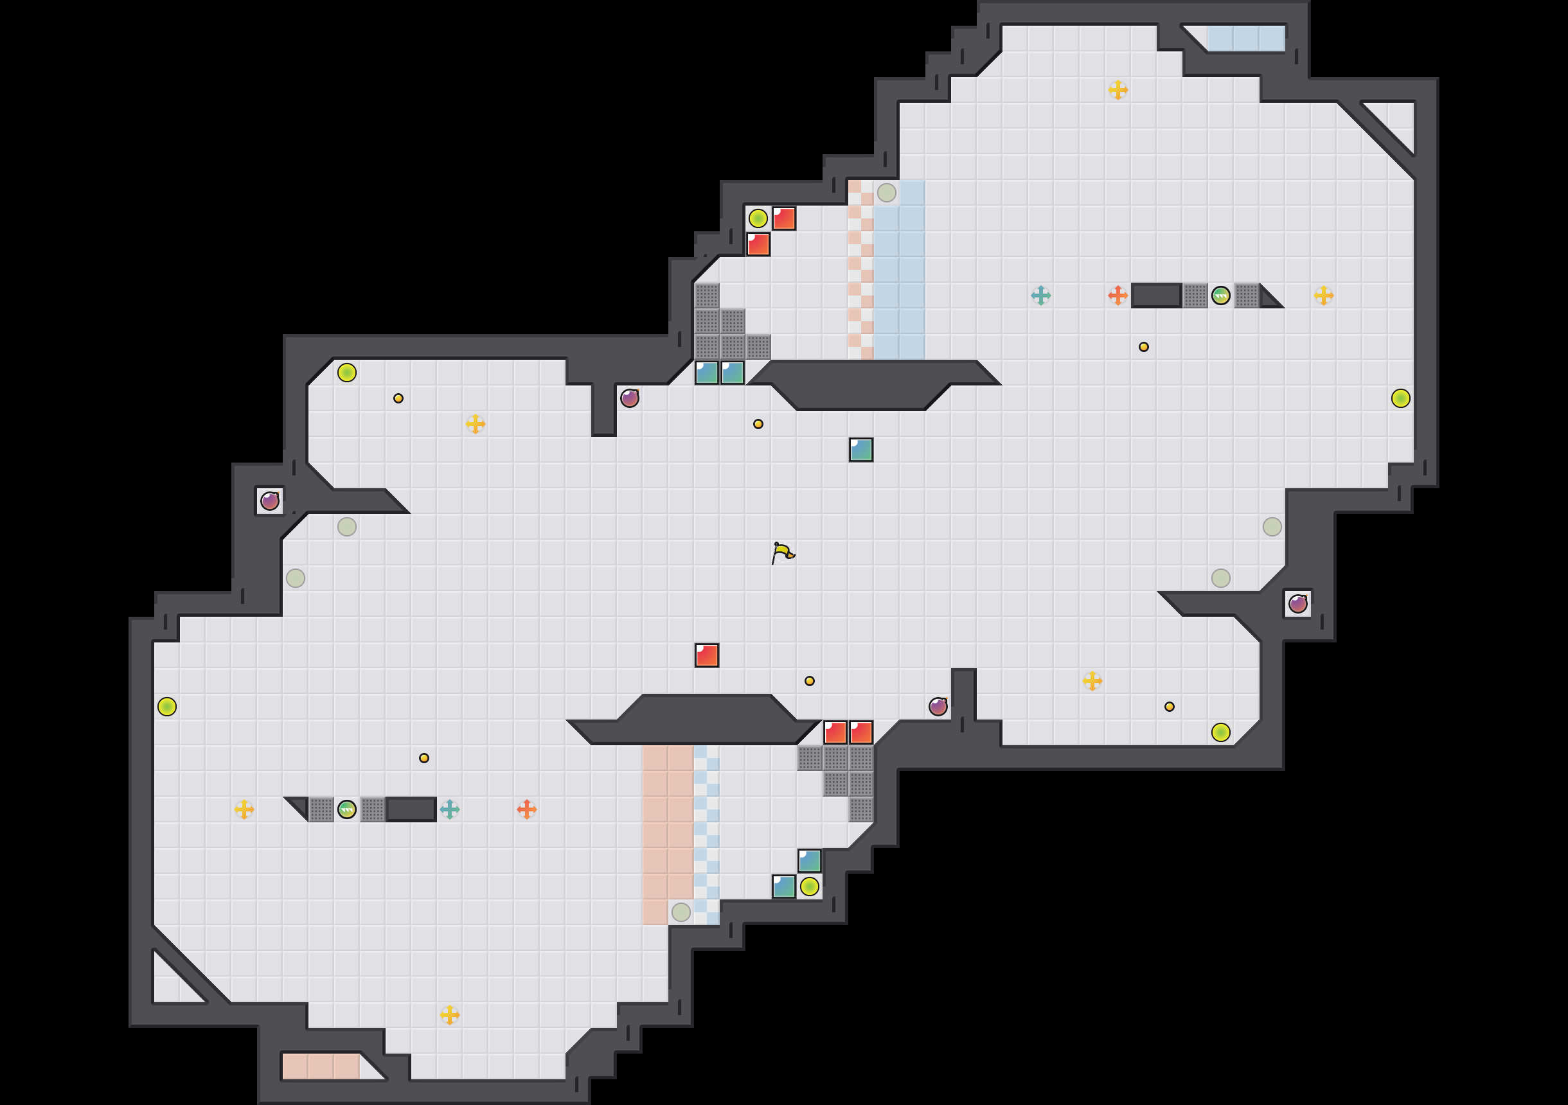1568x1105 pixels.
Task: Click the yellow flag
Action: click(783, 552)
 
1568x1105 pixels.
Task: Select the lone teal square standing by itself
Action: click(860, 449)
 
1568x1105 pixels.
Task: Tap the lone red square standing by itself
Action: click(706, 655)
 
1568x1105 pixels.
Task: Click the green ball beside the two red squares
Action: click(758, 218)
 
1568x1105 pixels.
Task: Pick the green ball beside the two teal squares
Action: click(809, 887)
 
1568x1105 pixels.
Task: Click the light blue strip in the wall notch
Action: click(1245, 39)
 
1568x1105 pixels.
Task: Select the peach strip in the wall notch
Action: click(320, 1066)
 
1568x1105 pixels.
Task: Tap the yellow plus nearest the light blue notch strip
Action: click(1118, 90)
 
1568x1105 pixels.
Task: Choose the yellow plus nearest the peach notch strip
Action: click(449, 1015)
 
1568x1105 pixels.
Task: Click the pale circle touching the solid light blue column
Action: click(886, 193)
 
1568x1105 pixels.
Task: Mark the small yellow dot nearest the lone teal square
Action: click(758, 424)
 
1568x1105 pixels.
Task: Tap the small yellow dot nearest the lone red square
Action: click(809, 681)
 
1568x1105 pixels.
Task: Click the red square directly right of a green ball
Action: click(783, 218)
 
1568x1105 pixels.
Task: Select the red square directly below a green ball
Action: click(758, 244)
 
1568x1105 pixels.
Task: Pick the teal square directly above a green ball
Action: click(809, 860)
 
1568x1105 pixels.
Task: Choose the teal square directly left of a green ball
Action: click(783, 887)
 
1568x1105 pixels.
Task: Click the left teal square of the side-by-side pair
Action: click(706, 373)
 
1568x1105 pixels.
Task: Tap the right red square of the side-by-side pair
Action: click(860, 732)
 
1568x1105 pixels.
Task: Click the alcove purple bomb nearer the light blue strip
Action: click(1297, 604)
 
